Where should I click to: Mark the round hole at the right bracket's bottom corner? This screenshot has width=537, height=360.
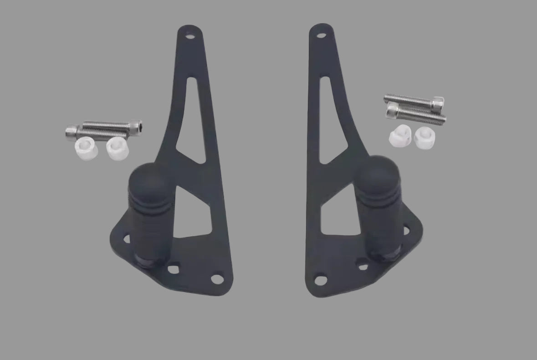tap(320, 278)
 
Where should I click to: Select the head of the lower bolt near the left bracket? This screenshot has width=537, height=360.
tap(71, 133)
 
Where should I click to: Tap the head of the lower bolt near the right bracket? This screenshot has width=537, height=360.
tap(392, 110)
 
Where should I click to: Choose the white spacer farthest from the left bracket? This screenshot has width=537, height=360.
tap(85, 149)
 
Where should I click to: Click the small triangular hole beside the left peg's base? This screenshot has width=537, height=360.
tap(173, 269)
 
